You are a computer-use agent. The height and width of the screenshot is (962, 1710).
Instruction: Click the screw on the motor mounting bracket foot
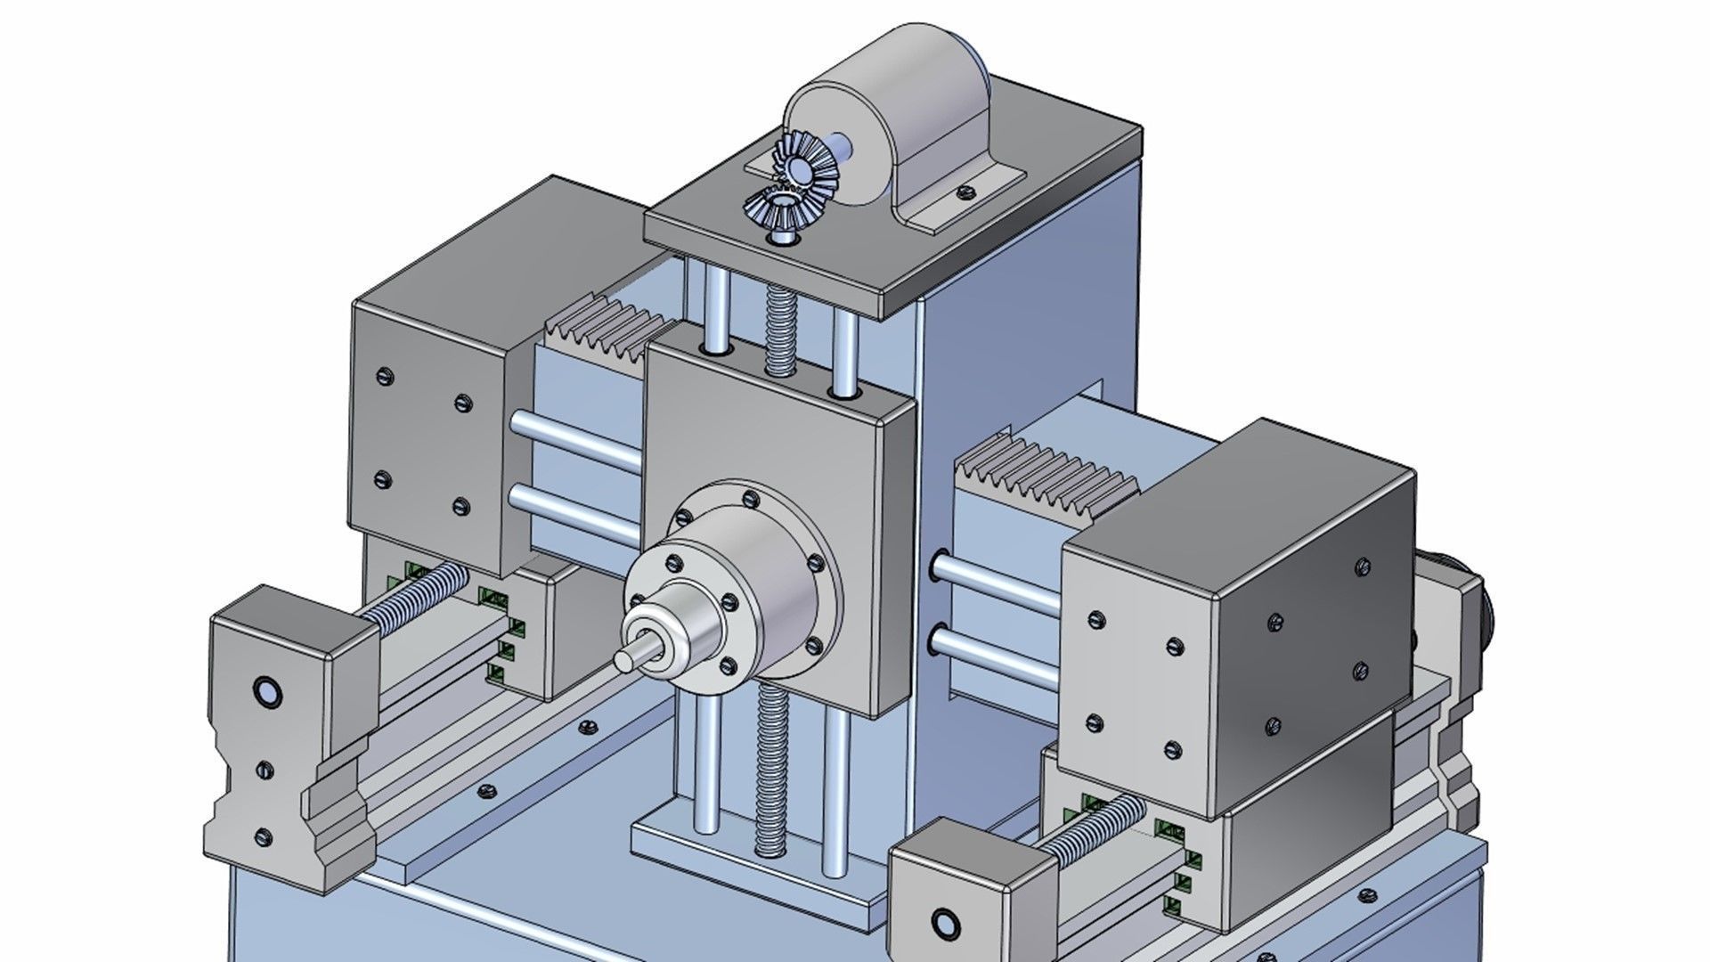964,191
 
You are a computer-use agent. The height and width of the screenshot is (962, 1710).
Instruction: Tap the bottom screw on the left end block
263,836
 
